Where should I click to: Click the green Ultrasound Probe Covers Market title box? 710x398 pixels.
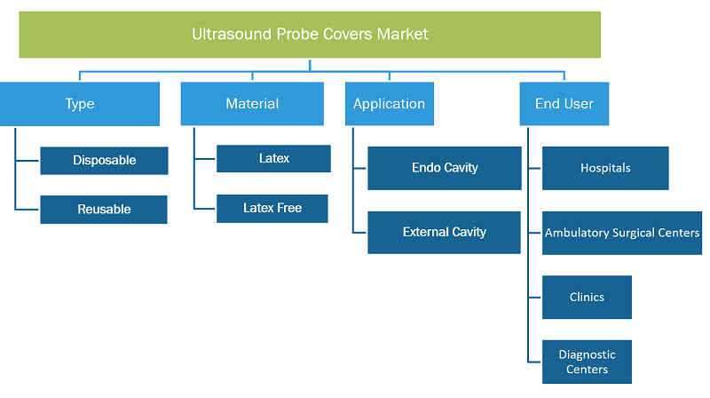(x=310, y=35)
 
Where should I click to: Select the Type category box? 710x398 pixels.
(x=80, y=104)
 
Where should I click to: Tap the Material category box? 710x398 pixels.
(x=252, y=104)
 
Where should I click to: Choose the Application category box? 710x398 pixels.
(x=390, y=104)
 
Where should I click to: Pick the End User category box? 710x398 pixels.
(x=564, y=104)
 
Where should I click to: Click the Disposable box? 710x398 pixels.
(x=104, y=161)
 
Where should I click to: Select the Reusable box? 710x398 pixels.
(x=104, y=210)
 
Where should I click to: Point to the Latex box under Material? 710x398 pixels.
(x=273, y=159)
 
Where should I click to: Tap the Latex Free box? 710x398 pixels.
(x=272, y=209)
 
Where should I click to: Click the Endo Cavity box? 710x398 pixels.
(x=445, y=168)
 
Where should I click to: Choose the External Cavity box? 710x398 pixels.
(x=445, y=233)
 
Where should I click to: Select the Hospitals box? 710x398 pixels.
(x=605, y=168)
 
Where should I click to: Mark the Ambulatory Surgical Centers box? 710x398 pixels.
(x=622, y=233)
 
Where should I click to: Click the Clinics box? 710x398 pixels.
(x=587, y=298)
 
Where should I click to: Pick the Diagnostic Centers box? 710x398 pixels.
(x=587, y=362)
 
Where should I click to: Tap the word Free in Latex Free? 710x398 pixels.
(x=289, y=208)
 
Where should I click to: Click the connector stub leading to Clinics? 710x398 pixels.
(x=535, y=298)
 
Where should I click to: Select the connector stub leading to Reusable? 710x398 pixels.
(x=27, y=210)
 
